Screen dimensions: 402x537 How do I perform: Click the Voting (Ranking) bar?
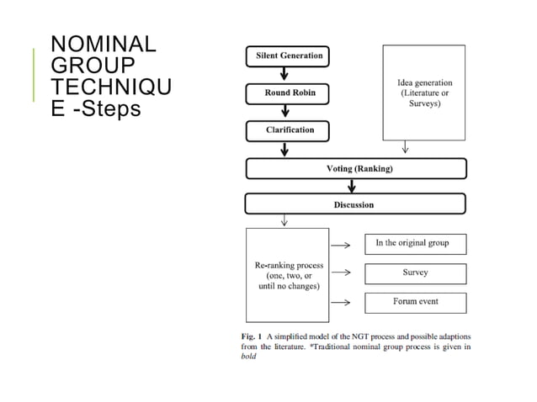[355, 169]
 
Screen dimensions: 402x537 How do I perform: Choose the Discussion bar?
[355, 204]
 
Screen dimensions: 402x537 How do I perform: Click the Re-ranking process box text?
[288, 276]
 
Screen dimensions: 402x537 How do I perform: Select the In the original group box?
[415, 244]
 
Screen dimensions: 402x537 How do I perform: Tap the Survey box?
[415, 273]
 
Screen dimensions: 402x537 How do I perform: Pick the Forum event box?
[415, 302]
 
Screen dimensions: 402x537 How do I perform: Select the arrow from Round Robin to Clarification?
[285, 112]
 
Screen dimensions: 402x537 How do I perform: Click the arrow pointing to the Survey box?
[341, 273]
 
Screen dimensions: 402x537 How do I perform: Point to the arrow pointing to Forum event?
[341, 302]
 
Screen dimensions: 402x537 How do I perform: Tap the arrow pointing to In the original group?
[341, 245]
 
